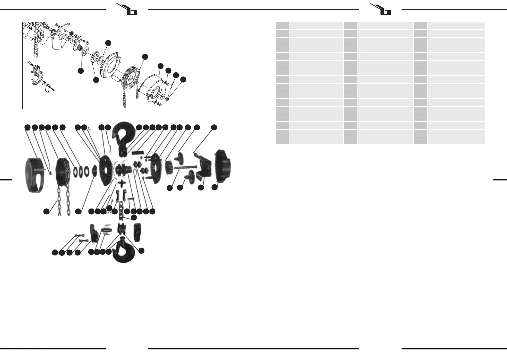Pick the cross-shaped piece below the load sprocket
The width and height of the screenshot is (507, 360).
coord(122,183)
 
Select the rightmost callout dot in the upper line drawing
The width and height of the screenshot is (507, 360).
coord(183,79)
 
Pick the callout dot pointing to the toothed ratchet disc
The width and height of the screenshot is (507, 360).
coord(96,80)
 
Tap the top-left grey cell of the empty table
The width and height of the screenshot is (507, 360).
coord(282,26)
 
